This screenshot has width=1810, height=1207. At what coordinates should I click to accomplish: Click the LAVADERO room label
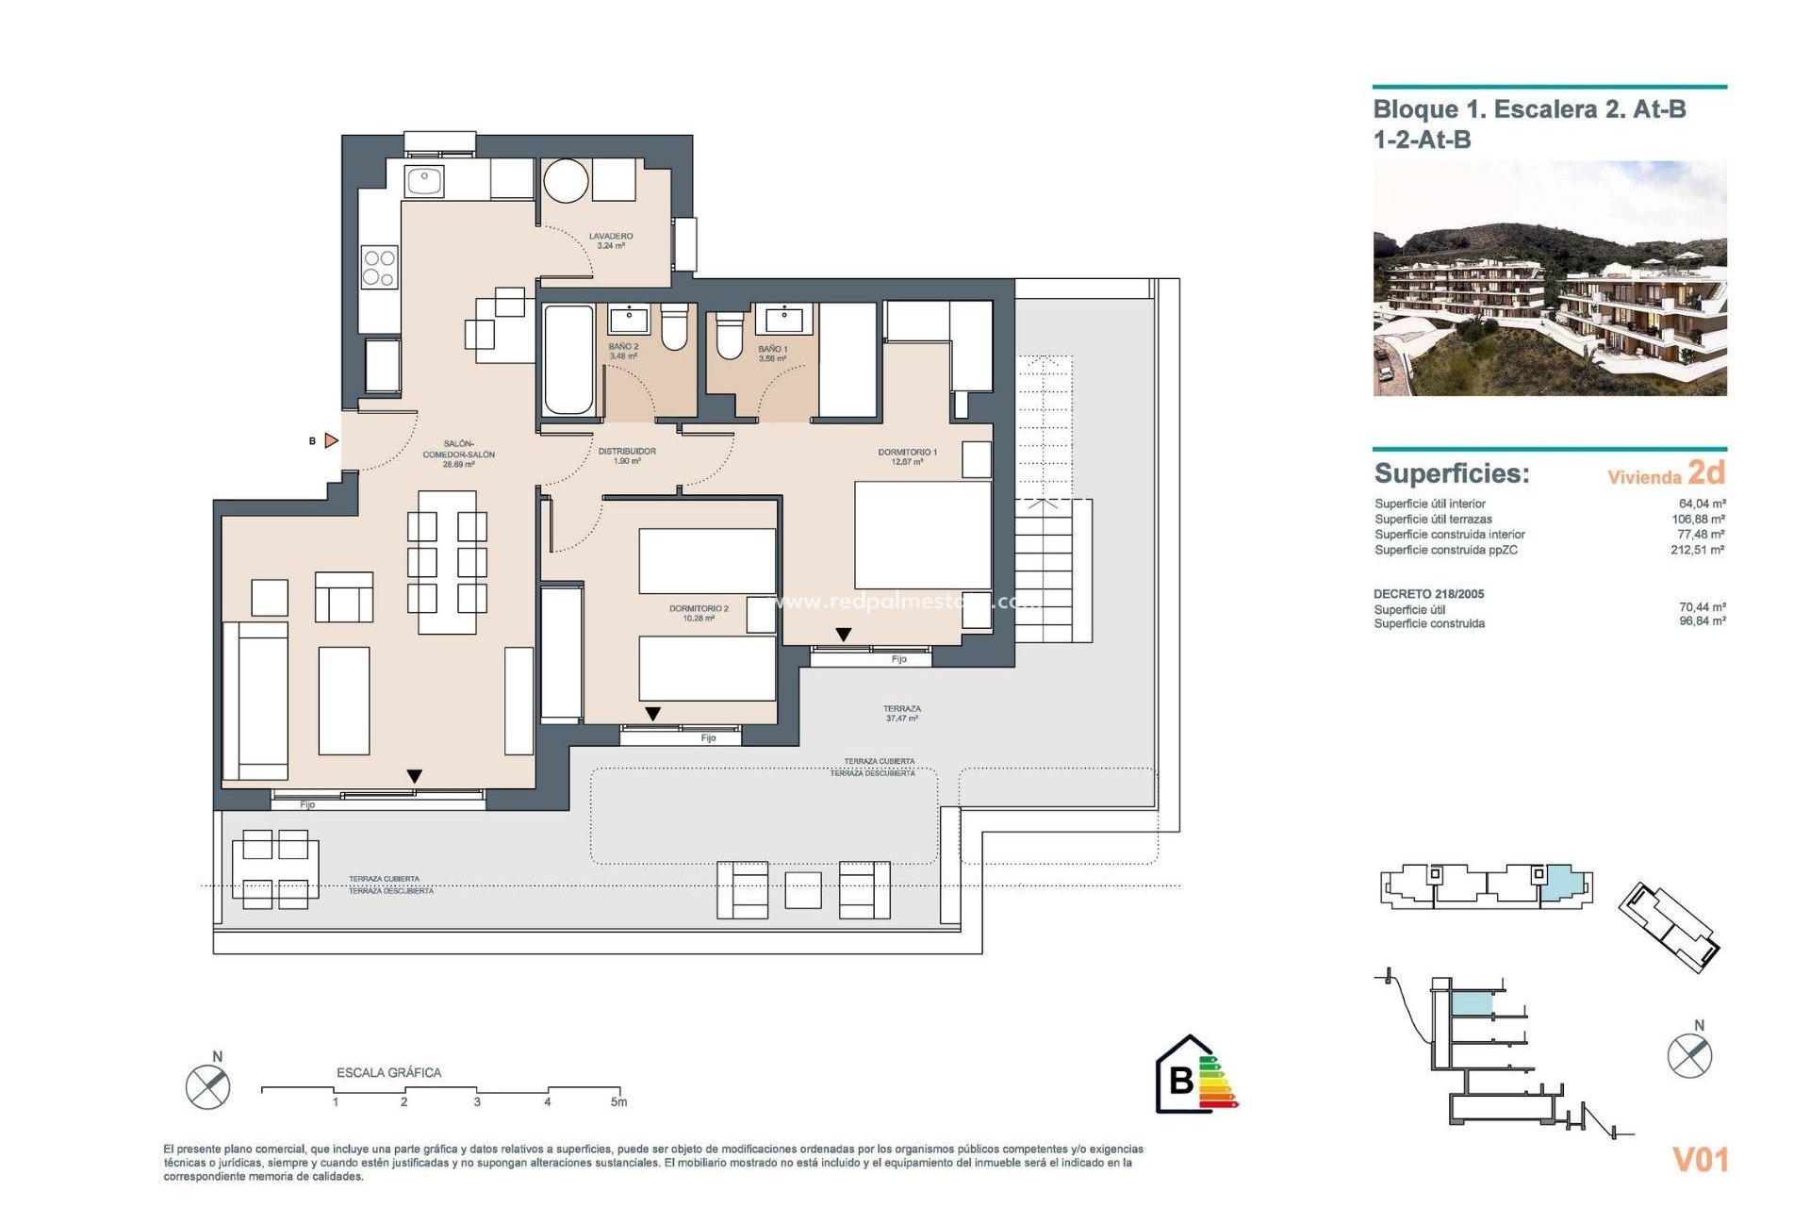611,240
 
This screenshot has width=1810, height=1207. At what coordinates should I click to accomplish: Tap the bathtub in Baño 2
568,359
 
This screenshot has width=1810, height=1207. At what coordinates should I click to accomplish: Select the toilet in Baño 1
729,337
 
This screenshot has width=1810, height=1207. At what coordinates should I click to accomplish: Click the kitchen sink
424,180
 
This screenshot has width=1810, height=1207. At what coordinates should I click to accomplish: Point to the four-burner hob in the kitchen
379,267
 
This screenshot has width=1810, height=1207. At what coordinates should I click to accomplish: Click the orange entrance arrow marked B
331,440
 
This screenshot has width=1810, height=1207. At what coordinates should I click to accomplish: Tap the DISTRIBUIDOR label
627,455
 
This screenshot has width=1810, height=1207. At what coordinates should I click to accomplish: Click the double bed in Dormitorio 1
922,535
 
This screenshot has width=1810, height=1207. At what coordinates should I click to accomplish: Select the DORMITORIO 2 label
699,613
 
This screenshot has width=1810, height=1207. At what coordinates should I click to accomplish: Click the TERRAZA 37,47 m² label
902,713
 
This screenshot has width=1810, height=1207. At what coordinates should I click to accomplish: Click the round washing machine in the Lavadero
566,180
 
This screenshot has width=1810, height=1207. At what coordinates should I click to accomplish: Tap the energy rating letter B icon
1182,1079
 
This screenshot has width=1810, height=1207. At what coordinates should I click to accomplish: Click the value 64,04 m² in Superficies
1702,504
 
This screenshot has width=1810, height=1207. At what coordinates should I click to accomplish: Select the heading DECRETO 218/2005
1428,594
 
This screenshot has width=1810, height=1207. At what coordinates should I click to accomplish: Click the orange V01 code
1700,1159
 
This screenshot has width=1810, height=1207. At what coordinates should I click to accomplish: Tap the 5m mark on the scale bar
618,1101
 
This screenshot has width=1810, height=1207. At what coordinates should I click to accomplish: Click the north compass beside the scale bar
208,1085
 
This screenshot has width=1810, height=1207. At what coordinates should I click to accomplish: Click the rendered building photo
1549,279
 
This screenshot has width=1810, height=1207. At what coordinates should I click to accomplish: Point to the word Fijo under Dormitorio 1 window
898,659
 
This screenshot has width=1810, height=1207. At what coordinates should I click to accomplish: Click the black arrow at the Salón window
415,776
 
